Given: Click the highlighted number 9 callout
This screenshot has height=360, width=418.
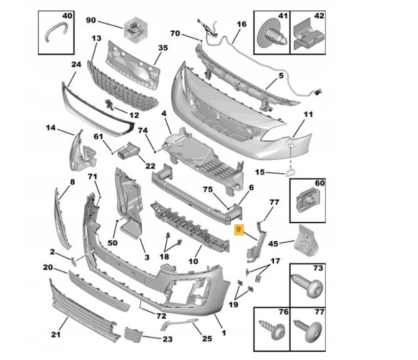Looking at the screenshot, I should [x=239, y=230].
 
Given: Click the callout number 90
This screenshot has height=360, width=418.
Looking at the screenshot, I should [x=91, y=20].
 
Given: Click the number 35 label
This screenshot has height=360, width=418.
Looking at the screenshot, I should [x=163, y=48].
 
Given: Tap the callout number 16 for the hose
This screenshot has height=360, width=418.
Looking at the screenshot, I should [x=241, y=24].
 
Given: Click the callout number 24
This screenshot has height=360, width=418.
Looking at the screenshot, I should [x=76, y=65].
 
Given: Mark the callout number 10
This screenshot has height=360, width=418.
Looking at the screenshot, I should [x=193, y=261].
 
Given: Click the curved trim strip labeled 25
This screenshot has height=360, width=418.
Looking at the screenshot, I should [x=179, y=323].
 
